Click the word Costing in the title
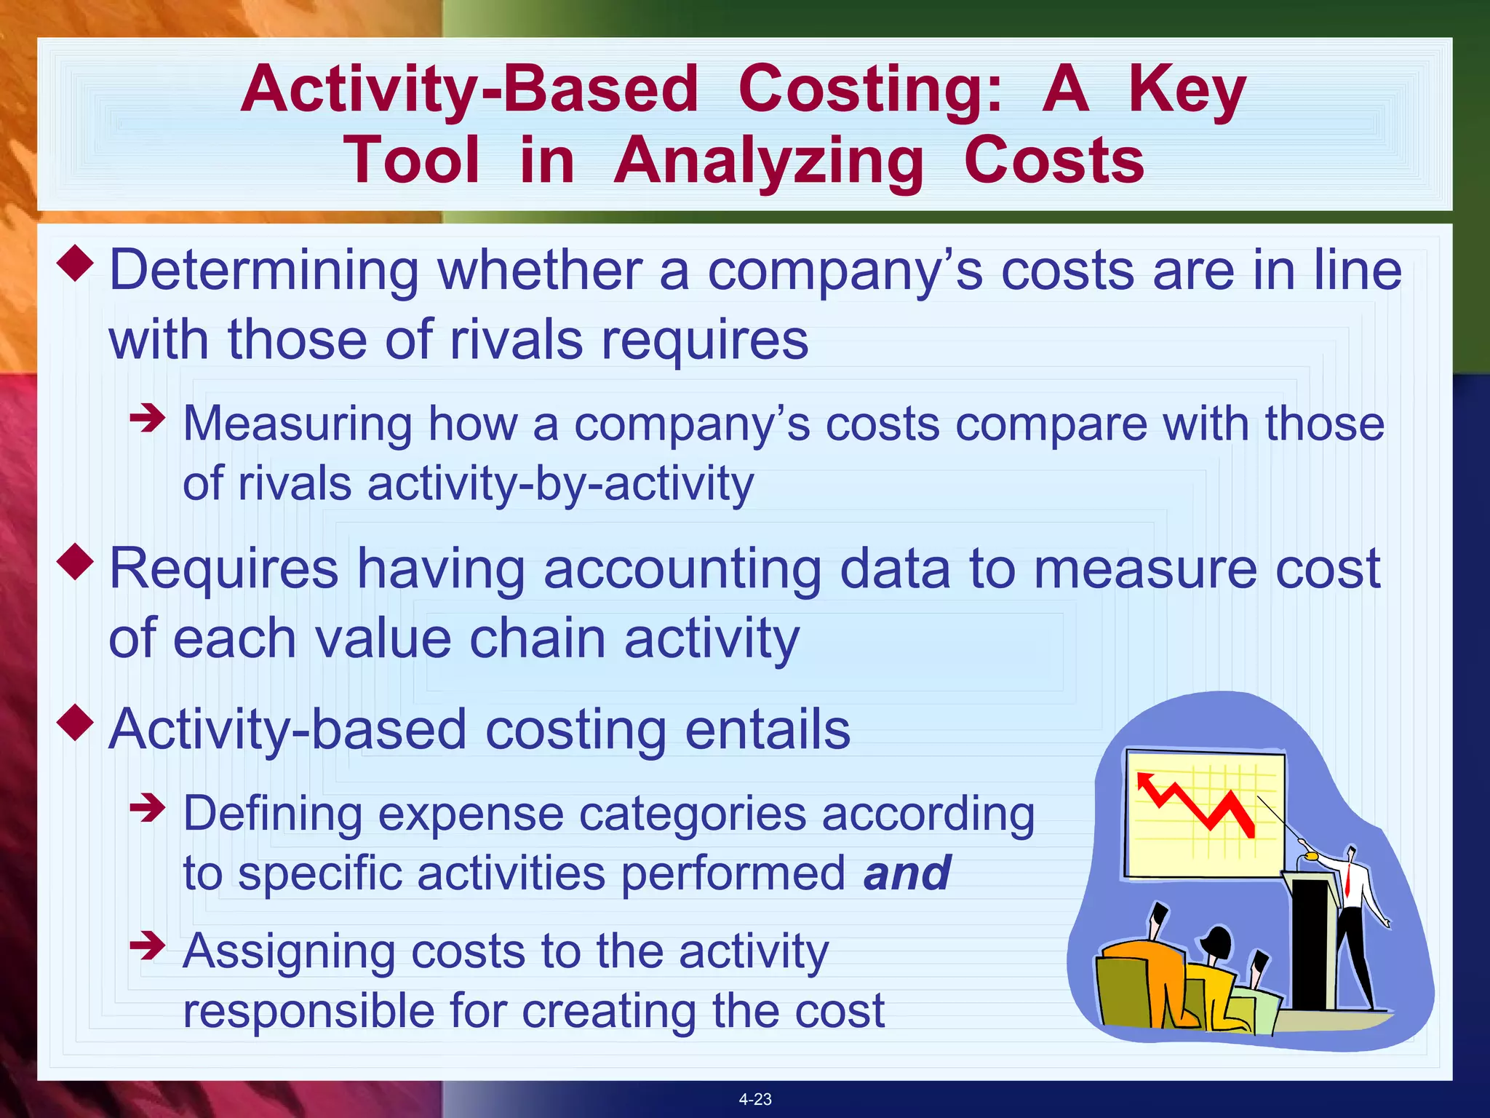pos(869,89)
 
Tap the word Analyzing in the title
pos(768,161)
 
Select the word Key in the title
pos(1187,89)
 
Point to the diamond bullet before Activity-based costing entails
pos(76,722)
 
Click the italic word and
pos(907,873)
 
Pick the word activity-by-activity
pos(560,484)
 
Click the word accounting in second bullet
pos(682,569)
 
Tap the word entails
pos(768,730)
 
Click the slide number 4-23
pos(755,1099)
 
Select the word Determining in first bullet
pos(263,271)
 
